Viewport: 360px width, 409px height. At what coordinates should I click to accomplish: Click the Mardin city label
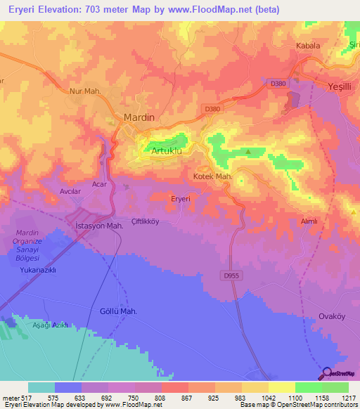[139, 117]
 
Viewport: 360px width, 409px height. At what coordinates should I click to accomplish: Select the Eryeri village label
[181, 199]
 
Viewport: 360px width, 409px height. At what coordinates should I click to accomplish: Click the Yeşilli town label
[343, 86]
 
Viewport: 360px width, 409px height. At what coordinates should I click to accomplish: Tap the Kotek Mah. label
[212, 176]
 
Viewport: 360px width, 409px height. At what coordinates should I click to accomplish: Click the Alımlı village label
[309, 221]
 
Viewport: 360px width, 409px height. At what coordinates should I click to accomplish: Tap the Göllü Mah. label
[117, 311]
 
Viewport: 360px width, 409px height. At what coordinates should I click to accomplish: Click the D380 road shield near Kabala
[278, 83]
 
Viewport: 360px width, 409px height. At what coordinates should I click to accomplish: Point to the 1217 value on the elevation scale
[347, 397]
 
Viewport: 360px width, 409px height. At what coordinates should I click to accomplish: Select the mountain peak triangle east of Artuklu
[248, 151]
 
